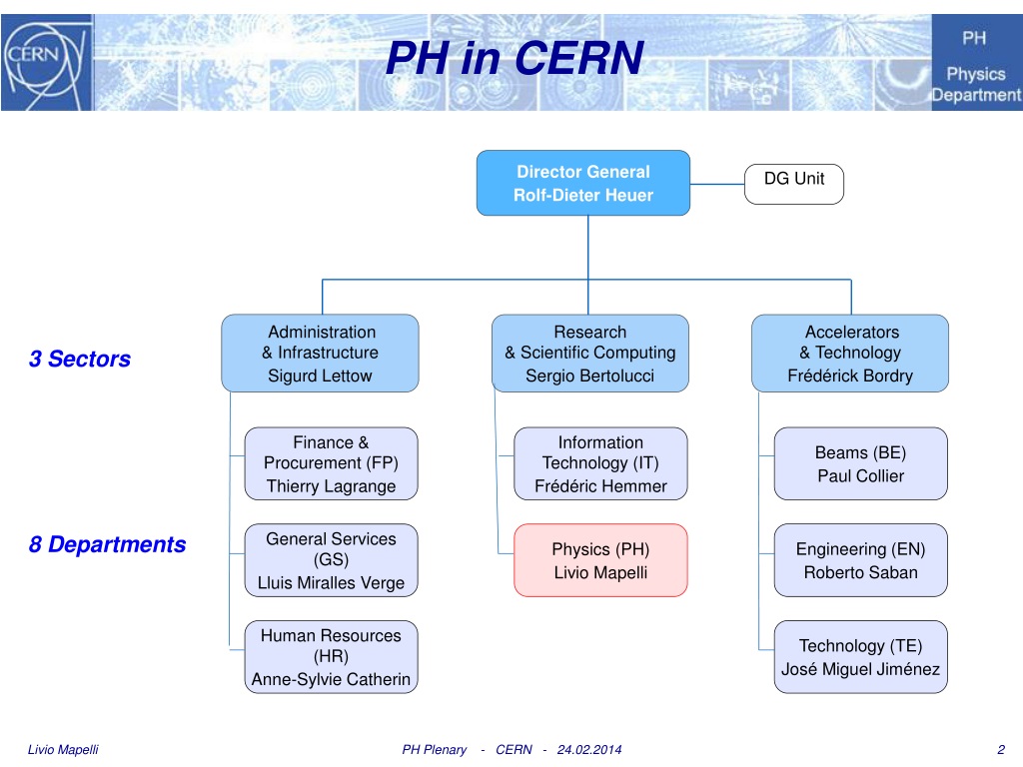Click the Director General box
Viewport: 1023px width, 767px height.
point(583,183)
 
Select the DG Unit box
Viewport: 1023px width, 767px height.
point(794,184)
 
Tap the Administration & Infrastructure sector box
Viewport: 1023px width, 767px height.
point(320,354)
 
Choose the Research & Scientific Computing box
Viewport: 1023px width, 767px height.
point(589,354)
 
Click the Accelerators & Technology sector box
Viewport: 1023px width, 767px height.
point(849,354)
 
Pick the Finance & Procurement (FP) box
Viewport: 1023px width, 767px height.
point(331,463)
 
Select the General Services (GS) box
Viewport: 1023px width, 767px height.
point(331,560)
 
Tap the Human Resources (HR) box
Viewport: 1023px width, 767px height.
point(331,657)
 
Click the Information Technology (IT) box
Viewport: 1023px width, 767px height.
point(600,463)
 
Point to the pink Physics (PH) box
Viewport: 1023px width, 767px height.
point(600,560)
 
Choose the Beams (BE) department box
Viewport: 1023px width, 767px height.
point(860,463)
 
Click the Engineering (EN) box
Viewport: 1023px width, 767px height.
point(860,560)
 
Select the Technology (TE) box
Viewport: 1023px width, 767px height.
point(860,657)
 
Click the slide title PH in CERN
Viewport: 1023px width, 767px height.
point(514,58)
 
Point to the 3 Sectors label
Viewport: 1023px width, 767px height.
point(80,360)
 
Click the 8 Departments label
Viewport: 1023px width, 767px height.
point(108,544)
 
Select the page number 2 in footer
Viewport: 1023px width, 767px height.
point(1000,750)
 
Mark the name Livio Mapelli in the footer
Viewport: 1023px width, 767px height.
point(63,750)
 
